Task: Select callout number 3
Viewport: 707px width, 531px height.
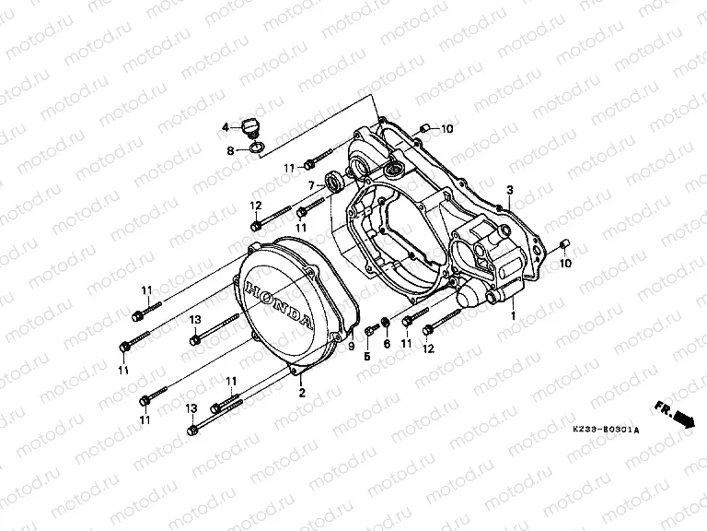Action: click(x=509, y=189)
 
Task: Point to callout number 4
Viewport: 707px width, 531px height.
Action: click(x=225, y=127)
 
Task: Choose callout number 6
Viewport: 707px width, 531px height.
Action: click(x=387, y=344)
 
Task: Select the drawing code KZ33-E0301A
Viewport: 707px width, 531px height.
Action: click(x=604, y=431)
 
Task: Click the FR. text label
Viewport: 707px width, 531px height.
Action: click(x=662, y=406)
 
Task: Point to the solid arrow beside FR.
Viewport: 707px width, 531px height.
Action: click(x=683, y=419)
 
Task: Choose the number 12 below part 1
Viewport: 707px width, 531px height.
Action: click(x=428, y=348)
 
